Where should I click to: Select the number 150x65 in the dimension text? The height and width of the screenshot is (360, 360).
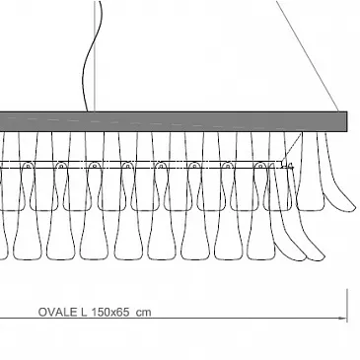(110, 312)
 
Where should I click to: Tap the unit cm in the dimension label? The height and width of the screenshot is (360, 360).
(144, 313)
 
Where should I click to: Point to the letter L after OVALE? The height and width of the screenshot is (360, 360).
(84, 312)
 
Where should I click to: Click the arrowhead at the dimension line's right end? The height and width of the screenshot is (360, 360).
(344, 319)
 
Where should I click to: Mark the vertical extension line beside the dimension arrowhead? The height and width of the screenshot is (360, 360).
(347, 306)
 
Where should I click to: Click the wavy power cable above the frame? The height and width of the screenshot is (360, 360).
(92, 56)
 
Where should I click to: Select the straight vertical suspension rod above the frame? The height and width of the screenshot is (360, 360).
(95, 56)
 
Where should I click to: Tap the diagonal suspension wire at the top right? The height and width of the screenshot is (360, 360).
(308, 56)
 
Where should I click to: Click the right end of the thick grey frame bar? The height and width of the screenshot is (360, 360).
(346, 121)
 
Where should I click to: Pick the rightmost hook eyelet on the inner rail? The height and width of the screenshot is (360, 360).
(260, 166)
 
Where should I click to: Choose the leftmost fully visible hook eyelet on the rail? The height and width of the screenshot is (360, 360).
(28, 166)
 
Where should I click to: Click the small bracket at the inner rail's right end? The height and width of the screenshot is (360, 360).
(286, 165)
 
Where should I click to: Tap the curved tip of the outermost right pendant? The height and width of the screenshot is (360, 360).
(353, 207)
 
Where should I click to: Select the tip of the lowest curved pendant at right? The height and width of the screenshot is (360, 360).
(323, 257)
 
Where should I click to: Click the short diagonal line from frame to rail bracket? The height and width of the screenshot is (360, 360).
(293, 146)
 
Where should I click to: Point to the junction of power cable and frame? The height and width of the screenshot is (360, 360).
(88, 111)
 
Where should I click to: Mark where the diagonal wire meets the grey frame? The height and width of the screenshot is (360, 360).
(338, 111)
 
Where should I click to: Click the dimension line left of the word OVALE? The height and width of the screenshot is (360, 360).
(19, 319)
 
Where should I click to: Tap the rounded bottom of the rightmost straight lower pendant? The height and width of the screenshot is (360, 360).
(261, 257)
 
